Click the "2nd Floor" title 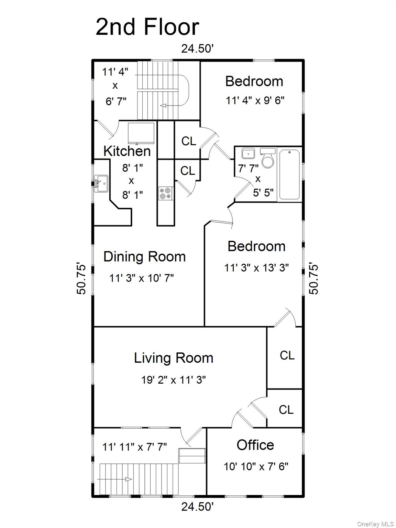click(x=147, y=27)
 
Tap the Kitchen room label click(x=127, y=151)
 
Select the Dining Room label click(x=144, y=257)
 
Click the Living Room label click(x=174, y=358)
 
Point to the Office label click(x=255, y=445)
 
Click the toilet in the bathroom click(x=268, y=158)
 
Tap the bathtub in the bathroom click(x=289, y=174)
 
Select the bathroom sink click(x=248, y=153)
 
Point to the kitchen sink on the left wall click(x=101, y=183)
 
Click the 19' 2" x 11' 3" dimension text click(x=174, y=380)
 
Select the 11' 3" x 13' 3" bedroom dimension click(x=256, y=267)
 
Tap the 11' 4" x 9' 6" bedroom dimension click(x=255, y=100)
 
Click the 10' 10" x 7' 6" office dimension click(x=256, y=466)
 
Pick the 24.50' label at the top click(x=198, y=49)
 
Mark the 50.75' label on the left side click(x=81, y=279)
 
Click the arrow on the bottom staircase click(x=128, y=479)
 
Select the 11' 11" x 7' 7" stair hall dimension click(x=134, y=447)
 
